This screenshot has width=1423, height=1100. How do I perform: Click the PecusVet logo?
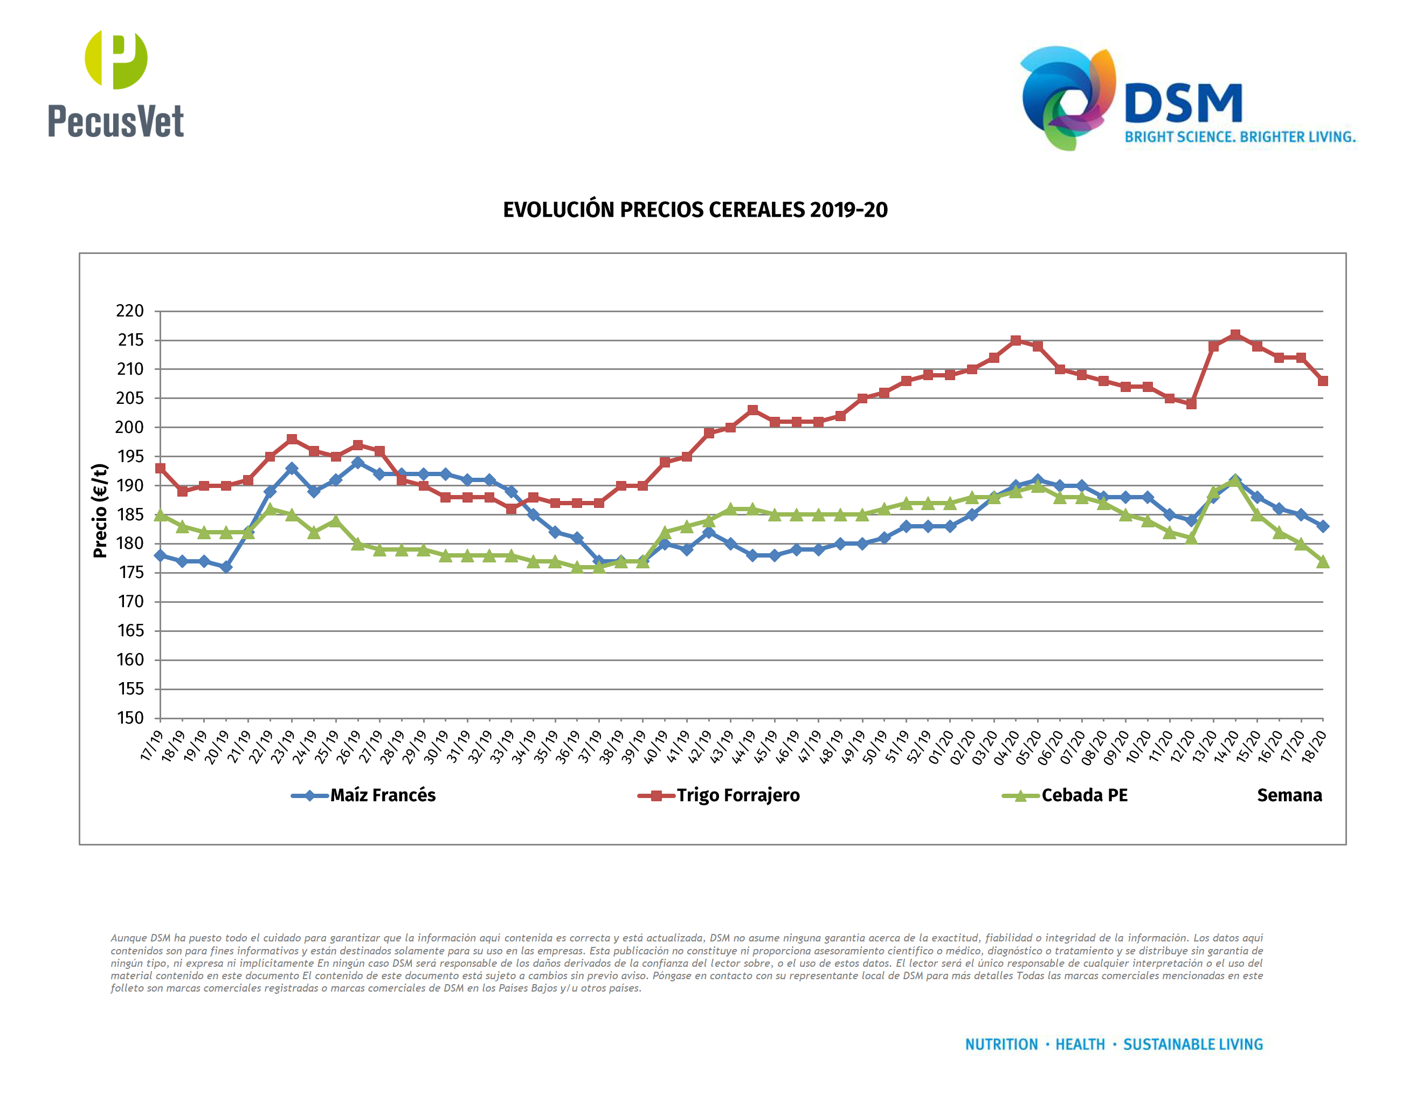[x=116, y=85]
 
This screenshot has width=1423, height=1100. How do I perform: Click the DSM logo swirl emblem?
[x=1067, y=98]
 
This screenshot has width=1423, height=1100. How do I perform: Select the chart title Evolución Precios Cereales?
[x=695, y=210]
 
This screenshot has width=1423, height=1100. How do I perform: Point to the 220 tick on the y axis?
[x=130, y=311]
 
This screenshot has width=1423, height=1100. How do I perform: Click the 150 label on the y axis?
[x=130, y=718]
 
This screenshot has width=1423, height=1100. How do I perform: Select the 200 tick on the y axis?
[x=130, y=428]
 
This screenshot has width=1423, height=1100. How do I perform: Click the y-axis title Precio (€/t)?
[x=100, y=511]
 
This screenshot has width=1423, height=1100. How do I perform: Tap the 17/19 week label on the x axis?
[x=152, y=745]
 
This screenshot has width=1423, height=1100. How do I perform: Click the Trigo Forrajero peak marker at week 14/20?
[x=1235, y=335]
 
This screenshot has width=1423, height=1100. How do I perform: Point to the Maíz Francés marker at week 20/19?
[x=226, y=567]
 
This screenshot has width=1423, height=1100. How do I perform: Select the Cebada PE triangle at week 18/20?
[x=1323, y=562]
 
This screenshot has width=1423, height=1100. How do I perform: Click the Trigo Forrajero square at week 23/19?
[x=292, y=439]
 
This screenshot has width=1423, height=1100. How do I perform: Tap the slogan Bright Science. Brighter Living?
[x=1240, y=137]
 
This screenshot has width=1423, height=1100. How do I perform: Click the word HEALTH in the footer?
[x=1080, y=1044]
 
